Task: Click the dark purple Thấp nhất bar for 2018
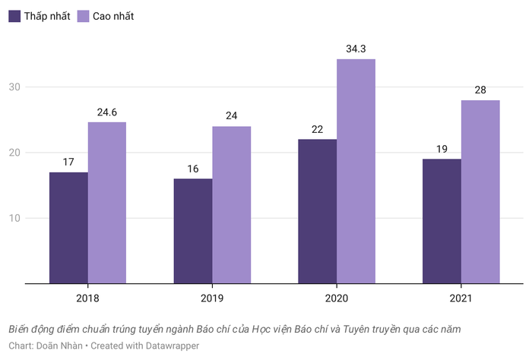[68, 228]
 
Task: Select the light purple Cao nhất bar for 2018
[106, 203]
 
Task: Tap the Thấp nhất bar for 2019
[193, 231]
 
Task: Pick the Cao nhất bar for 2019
[231, 205]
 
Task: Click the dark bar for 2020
[317, 211]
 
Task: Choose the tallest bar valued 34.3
[356, 171]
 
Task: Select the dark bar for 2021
[442, 221]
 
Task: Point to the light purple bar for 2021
[480, 191]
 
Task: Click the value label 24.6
[106, 112]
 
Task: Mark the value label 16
[193, 169]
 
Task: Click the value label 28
[480, 90]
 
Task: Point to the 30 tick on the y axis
[14, 87]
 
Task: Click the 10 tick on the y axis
[14, 219]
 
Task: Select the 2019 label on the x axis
[212, 298]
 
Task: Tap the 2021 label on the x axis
[461, 298]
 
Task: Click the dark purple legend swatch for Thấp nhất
[14, 16]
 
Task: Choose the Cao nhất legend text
[113, 16]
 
